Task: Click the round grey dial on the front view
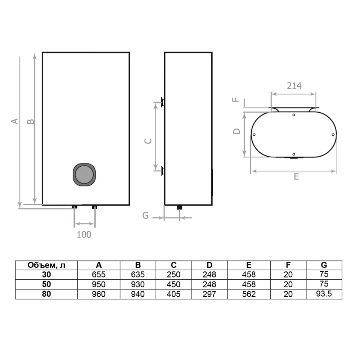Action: [84, 175]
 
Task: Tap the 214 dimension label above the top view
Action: [294, 86]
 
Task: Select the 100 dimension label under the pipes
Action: [84, 234]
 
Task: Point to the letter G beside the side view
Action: [145, 215]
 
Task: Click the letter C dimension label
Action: [148, 141]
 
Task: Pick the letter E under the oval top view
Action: [296, 176]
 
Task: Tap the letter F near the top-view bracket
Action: [236, 100]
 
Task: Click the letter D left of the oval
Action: [237, 131]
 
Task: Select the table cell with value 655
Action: [99, 274]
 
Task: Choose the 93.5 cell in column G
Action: [324, 294]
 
